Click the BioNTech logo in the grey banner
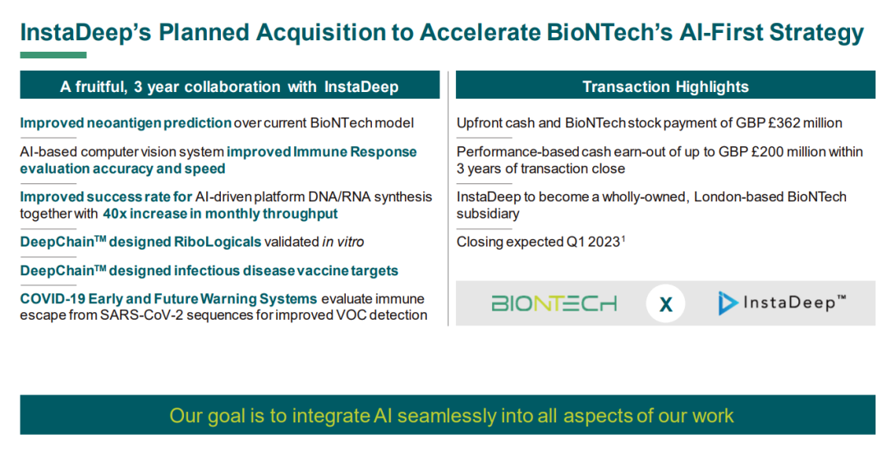tap(554, 304)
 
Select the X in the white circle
tap(666, 305)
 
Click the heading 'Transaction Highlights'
tap(665, 86)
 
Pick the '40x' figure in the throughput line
tap(115, 214)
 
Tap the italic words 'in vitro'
tap(342, 242)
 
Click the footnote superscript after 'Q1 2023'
tap(623, 238)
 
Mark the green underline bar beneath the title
tap(53, 55)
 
